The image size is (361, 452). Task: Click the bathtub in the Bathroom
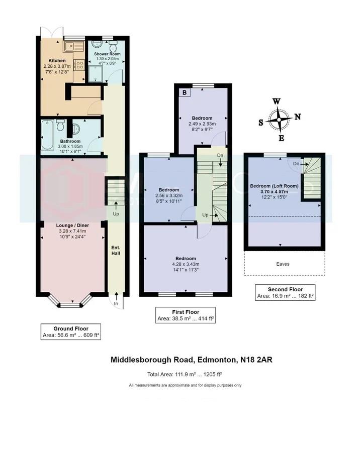[x=48, y=135]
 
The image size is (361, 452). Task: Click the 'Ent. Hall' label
[x=116, y=250]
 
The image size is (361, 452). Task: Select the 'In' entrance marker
[x=116, y=304]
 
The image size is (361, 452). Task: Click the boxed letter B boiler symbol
[x=185, y=93]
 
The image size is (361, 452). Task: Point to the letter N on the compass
[x=298, y=117]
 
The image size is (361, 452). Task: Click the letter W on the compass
[x=276, y=101]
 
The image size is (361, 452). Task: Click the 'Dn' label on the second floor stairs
[x=296, y=164]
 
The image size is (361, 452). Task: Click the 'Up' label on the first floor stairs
[x=206, y=215]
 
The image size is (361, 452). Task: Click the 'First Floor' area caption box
[x=186, y=315]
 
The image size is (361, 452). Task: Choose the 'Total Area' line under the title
[x=185, y=374]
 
